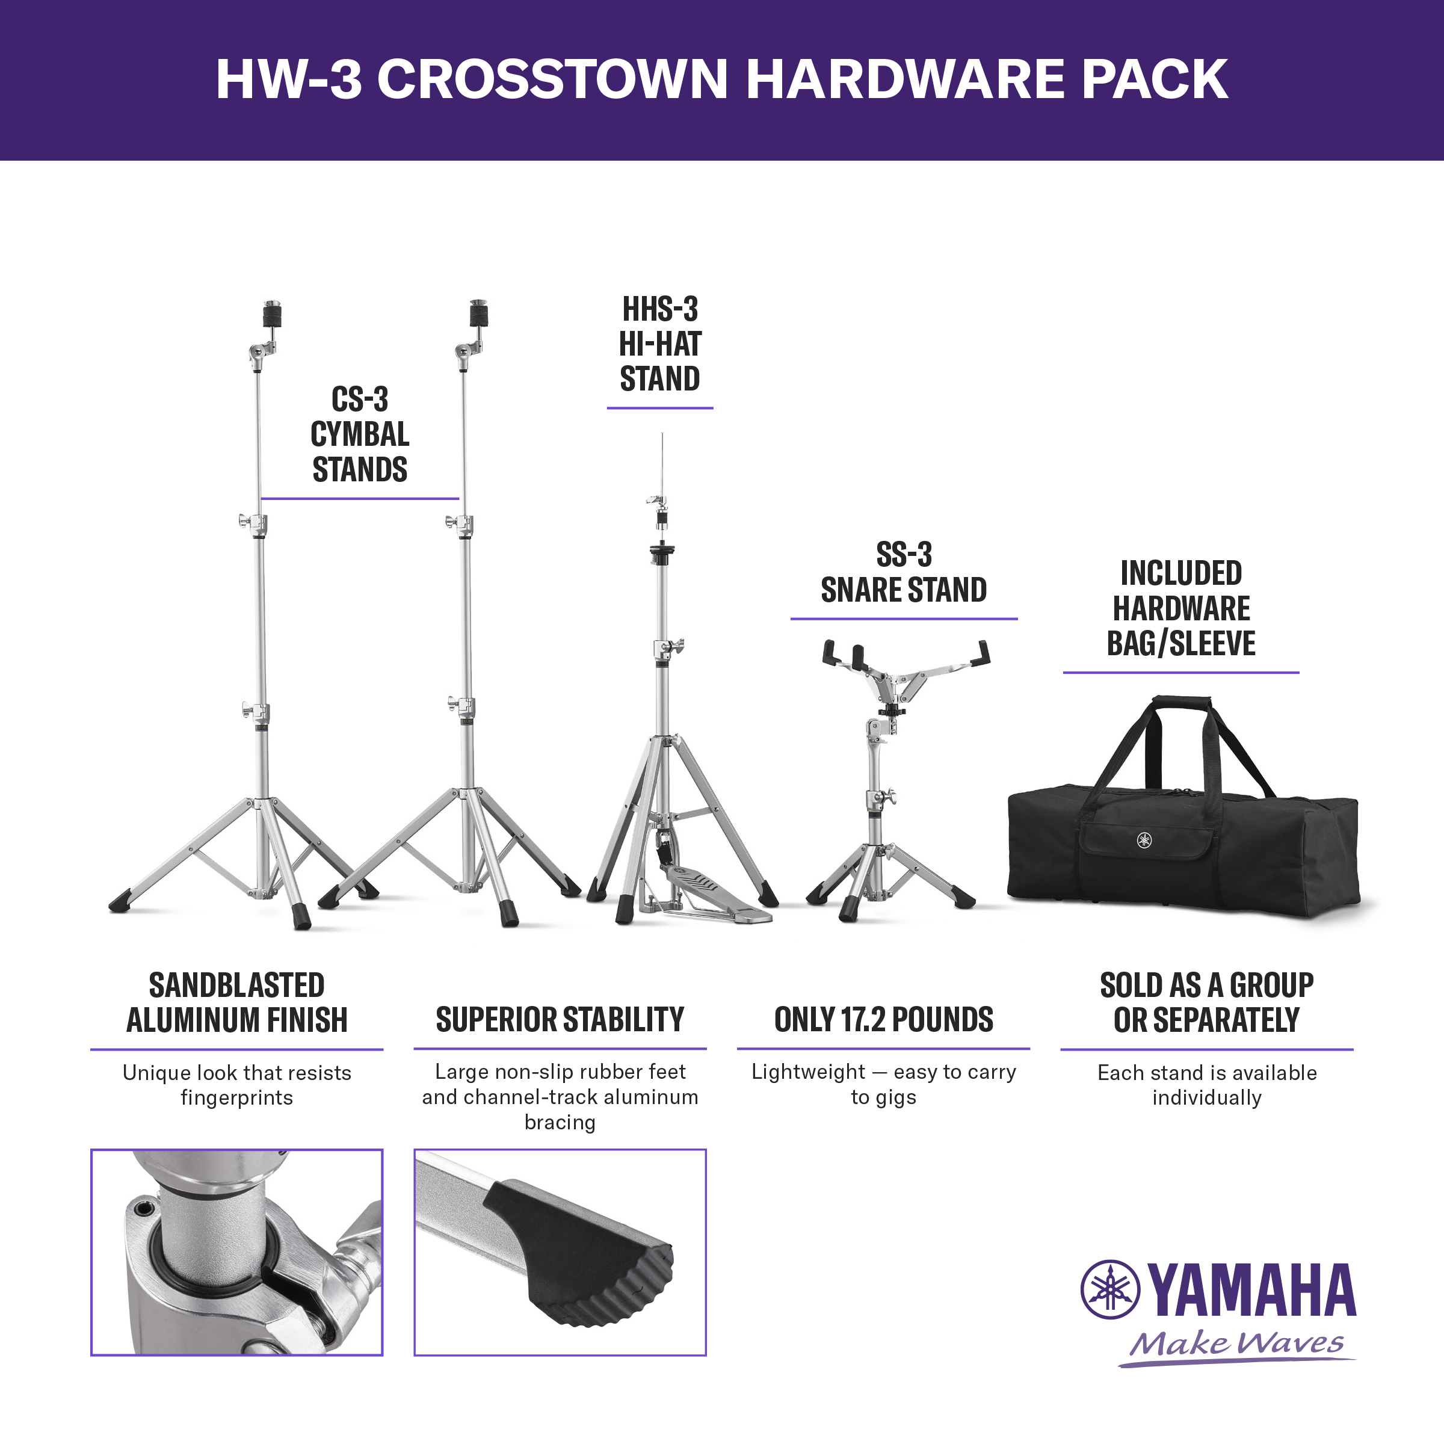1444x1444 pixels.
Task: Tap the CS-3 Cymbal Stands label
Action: [360, 434]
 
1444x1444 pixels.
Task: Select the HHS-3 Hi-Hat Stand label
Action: [660, 344]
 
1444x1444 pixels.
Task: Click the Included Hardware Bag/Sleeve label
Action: [1181, 608]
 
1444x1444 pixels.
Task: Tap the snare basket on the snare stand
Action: [905, 670]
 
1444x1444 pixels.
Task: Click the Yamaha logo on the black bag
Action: [1144, 840]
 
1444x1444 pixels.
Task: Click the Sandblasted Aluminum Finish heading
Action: [237, 1002]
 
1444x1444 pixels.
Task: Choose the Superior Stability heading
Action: [560, 1019]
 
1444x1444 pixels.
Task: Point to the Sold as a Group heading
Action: [1206, 1002]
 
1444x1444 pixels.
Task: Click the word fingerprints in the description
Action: [237, 1098]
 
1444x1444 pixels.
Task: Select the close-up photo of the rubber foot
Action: [560, 1253]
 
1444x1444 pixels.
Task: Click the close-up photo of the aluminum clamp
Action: [237, 1253]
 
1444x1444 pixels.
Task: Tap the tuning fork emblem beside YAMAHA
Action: [1111, 1289]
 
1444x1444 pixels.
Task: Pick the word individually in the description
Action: [1206, 1098]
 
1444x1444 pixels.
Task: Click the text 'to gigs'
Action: [883, 1098]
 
